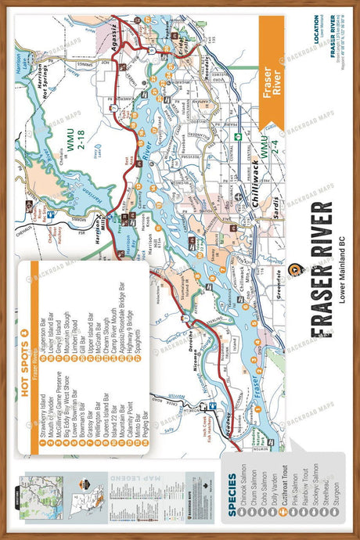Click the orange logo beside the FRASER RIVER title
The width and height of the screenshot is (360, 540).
click(x=295, y=270)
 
